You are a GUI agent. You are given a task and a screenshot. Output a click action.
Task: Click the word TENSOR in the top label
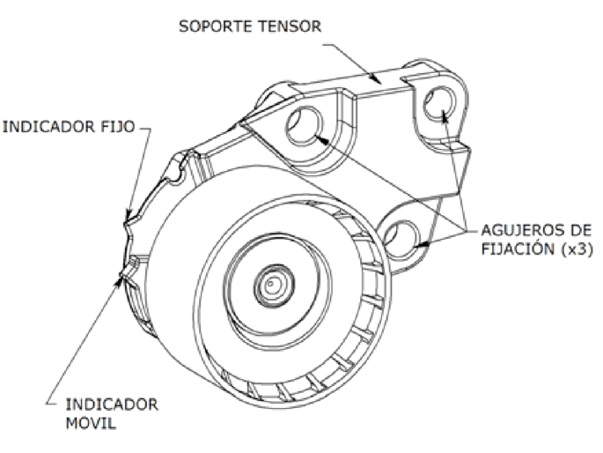click(x=290, y=26)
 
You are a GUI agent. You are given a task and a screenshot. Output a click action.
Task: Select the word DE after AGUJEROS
click(x=575, y=231)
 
